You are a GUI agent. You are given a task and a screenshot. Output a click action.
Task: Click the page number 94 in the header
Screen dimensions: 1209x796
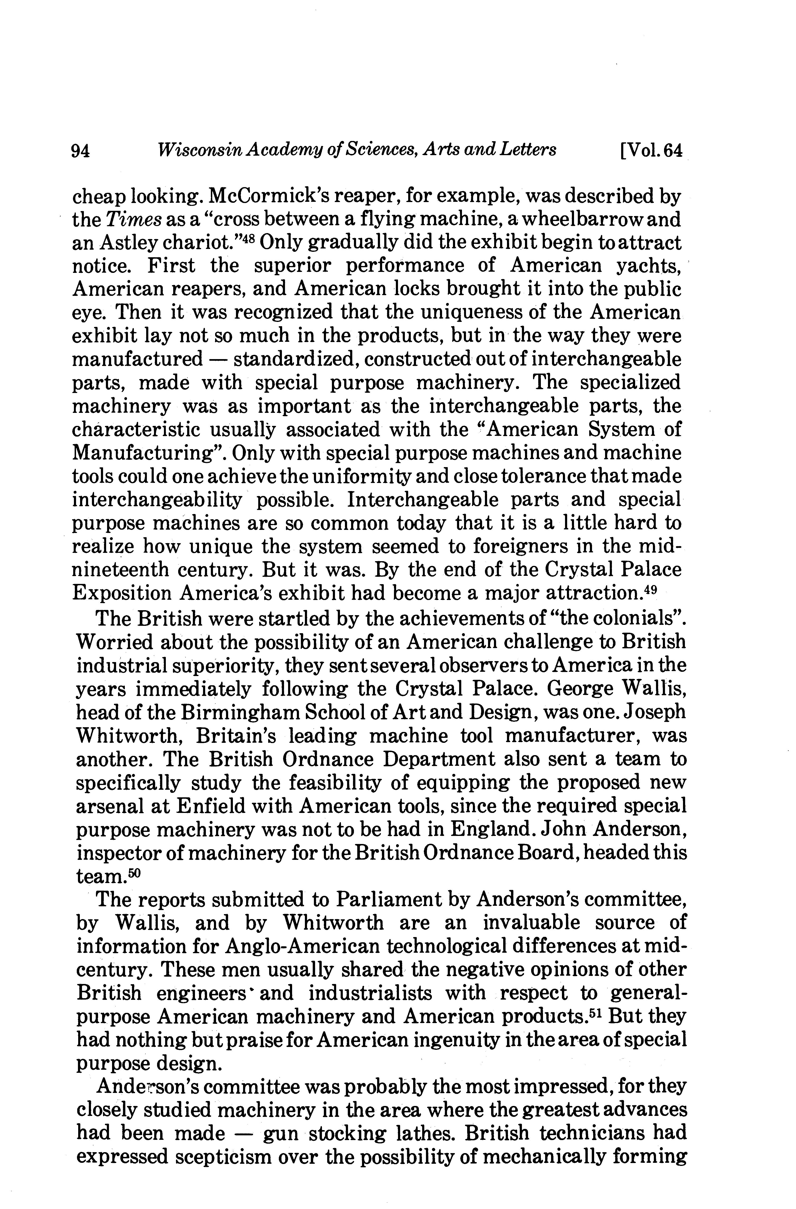[81, 150]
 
